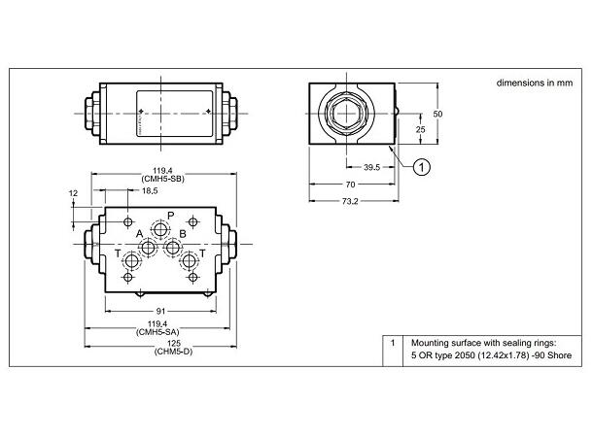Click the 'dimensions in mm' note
[534, 84]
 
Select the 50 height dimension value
[437, 114]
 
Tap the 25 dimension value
[420, 128]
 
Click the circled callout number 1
[421, 167]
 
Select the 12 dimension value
[72, 193]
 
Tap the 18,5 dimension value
[150, 191]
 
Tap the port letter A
[139, 234]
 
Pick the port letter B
[182, 234]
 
